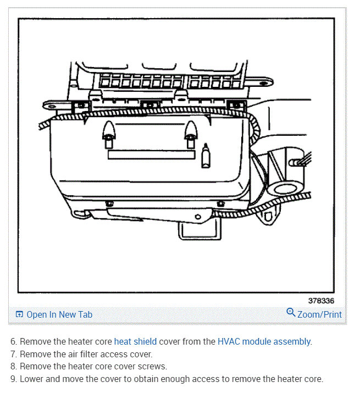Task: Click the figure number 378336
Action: click(x=320, y=301)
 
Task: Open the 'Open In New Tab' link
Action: click(x=59, y=315)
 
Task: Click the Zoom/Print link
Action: click(x=319, y=315)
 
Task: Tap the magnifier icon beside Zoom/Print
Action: click(x=291, y=313)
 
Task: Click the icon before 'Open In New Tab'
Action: click(x=20, y=315)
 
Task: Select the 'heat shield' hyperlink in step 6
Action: click(x=135, y=341)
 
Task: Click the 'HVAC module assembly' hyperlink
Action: click(x=264, y=341)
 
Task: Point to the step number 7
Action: click(x=13, y=354)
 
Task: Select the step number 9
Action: click(x=13, y=379)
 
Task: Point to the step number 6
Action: click(x=13, y=341)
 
